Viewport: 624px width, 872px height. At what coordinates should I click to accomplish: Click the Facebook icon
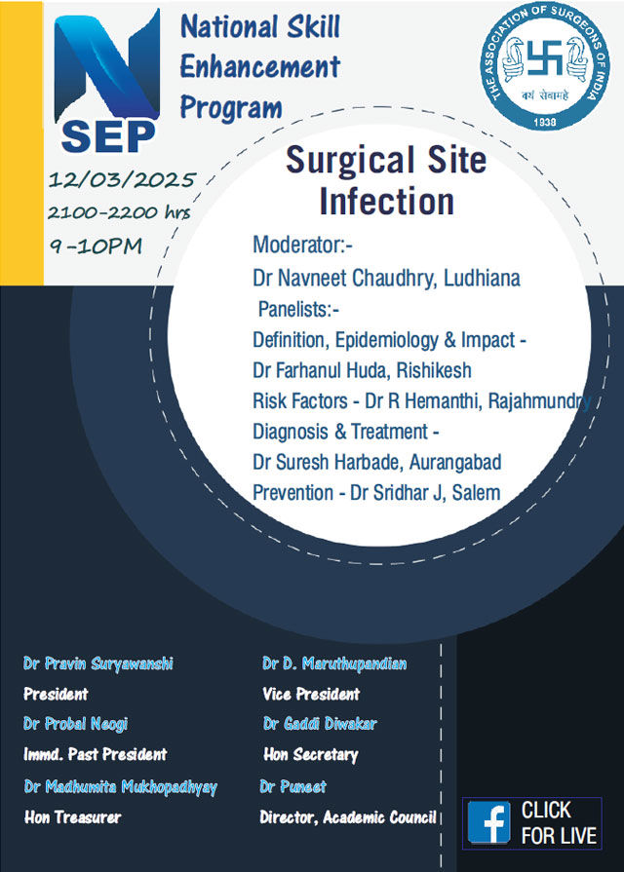[x=488, y=822]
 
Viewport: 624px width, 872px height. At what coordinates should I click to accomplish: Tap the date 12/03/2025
[x=122, y=180]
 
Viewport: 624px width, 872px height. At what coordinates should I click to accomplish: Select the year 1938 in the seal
[x=544, y=122]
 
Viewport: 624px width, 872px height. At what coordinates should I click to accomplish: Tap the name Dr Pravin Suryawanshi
[x=97, y=663]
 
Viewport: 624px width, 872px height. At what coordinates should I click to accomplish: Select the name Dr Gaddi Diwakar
[x=320, y=724]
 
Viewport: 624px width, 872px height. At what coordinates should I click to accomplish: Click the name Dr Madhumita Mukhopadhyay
[x=120, y=787]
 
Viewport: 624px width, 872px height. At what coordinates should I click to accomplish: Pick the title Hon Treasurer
[x=72, y=816]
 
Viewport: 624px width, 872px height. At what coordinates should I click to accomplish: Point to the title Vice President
[x=311, y=694]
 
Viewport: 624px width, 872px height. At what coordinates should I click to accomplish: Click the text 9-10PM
[x=96, y=246]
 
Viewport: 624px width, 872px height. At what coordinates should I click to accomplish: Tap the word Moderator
[x=299, y=245]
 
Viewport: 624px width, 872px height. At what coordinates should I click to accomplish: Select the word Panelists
[x=295, y=309]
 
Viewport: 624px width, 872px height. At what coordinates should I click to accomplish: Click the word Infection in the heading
[x=387, y=201]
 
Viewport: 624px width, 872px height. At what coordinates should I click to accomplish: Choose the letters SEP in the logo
[x=108, y=136]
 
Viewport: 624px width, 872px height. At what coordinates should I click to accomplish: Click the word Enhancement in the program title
[x=260, y=67]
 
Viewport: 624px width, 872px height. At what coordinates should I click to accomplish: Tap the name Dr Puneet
[x=292, y=786]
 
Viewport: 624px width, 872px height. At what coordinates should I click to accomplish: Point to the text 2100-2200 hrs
[x=119, y=212]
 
